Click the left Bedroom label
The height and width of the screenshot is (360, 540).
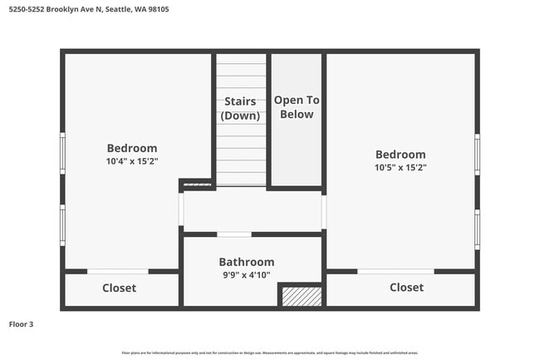[132, 149]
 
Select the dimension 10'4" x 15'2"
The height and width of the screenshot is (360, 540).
[132, 161]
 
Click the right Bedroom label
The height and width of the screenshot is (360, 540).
[400, 154]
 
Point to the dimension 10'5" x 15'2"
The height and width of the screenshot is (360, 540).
[400, 167]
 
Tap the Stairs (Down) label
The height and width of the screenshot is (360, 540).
[241, 108]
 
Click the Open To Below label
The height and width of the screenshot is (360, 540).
[297, 106]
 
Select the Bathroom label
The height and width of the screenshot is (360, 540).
[246, 262]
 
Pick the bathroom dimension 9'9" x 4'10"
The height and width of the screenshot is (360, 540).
[246, 274]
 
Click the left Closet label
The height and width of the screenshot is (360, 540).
[119, 288]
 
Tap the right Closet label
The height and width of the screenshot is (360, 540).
[406, 287]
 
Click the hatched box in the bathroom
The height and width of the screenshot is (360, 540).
[299, 296]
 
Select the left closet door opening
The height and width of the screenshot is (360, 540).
[118, 271]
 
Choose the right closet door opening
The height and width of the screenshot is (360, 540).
[395, 271]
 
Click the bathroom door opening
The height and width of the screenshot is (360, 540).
[234, 234]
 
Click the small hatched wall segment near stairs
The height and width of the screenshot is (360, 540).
[196, 184]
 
